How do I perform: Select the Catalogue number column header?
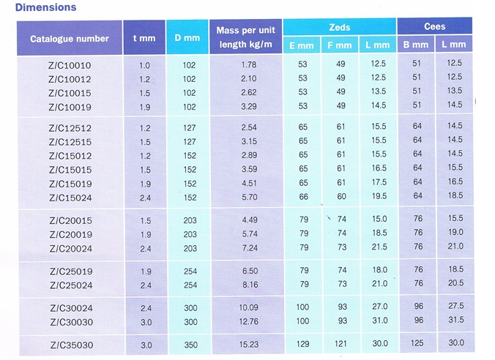70,39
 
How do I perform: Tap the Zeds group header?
340,26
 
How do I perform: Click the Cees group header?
434,26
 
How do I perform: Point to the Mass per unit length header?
245,37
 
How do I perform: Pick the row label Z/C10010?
70,65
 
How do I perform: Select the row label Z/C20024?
70,248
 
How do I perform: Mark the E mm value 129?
303,344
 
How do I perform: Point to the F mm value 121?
340,344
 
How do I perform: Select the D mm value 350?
190,344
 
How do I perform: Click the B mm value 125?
417,344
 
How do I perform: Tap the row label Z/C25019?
70,271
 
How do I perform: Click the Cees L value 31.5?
454,320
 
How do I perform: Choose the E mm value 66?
303,198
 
